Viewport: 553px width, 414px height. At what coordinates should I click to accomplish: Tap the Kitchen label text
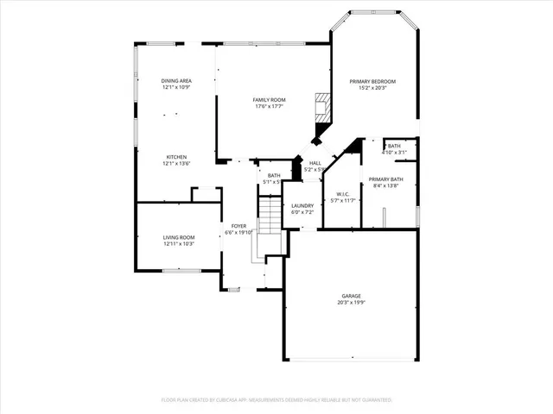(x=175, y=157)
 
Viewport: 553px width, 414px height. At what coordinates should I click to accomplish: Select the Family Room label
(x=269, y=100)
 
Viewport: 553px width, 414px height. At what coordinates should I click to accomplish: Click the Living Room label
(x=179, y=237)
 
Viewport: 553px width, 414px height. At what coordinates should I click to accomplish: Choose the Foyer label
(x=238, y=226)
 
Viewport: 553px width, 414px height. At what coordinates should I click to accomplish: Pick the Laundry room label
(x=302, y=205)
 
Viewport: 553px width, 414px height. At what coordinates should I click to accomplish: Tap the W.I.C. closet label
(x=342, y=194)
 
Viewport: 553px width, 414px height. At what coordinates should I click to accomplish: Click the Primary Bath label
(x=385, y=179)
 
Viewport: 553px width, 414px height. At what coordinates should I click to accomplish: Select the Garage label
(x=350, y=296)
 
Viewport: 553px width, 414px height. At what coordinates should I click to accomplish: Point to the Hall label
(x=315, y=162)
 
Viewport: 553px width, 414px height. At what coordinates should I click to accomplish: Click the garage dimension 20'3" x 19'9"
(x=350, y=303)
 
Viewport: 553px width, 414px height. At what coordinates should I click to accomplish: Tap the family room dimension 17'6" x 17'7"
(x=269, y=106)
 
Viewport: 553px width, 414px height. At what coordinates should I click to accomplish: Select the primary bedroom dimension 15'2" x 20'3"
(x=372, y=87)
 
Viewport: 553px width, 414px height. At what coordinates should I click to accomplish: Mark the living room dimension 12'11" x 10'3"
(x=179, y=243)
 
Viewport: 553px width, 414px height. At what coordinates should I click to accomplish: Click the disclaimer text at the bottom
(x=276, y=400)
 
